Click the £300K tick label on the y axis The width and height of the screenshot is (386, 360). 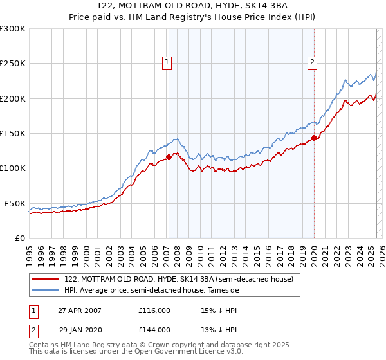13,29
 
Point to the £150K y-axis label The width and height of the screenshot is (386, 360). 13,134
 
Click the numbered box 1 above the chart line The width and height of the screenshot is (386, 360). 167,62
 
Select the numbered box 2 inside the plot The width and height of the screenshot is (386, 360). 312,62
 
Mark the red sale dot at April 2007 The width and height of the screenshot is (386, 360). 169,157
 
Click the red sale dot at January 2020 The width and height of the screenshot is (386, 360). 314,138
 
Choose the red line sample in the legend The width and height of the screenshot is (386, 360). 46,279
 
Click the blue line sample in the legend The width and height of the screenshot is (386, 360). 46,290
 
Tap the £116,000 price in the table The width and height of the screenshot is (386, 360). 154,310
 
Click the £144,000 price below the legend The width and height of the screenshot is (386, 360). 154,330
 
